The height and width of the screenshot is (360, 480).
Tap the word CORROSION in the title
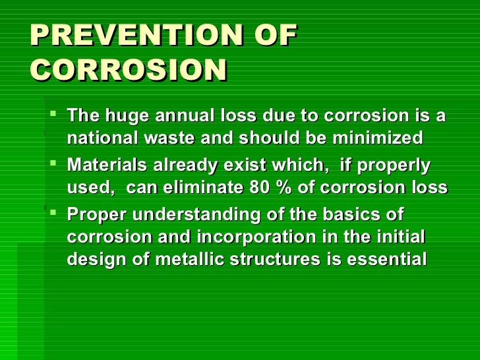pyautogui.click(x=129, y=71)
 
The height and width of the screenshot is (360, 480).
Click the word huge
pyautogui.click(x=123, y=116)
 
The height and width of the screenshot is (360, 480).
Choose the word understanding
pyautogui.click(x=212, y=215)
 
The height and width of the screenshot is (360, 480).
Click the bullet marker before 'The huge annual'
pyautogui.click(x=54, y=116)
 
